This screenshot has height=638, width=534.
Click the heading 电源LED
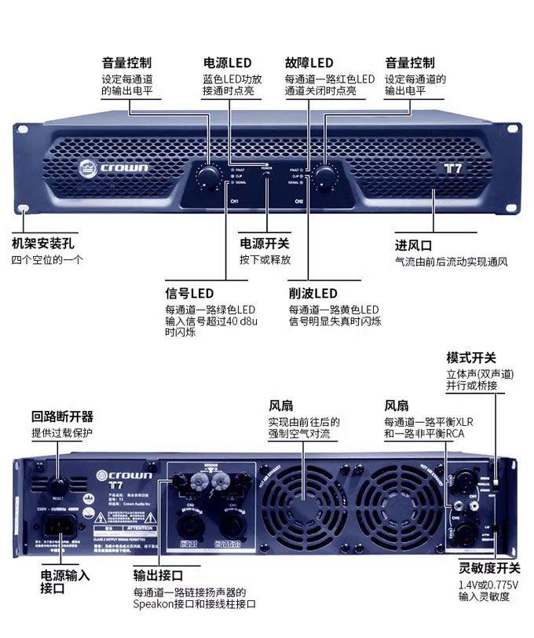click(227, 63)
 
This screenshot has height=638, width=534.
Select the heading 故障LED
click(309, 63)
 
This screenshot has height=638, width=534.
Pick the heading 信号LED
click(189, 293)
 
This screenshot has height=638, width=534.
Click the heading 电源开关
click(264, 244)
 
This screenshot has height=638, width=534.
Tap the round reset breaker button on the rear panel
click(59, 486)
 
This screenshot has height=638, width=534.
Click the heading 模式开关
click(471, 357)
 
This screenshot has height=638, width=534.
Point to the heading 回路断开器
click(62, 416)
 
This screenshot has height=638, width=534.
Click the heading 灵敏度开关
click(488, 568)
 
